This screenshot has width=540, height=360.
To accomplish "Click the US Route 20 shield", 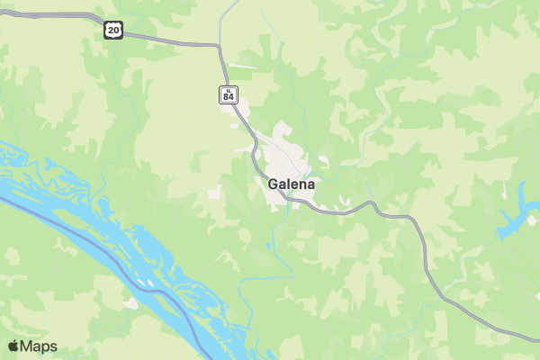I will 112,30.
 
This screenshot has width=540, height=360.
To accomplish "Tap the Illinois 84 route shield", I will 229,94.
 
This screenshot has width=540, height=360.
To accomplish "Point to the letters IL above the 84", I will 229,90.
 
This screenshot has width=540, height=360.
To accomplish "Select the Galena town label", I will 292,184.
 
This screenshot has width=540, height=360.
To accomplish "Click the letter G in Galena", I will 273,184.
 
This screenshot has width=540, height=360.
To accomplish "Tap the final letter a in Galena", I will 311,184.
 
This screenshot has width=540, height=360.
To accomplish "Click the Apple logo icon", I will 13,346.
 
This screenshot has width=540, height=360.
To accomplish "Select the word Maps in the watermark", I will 39,346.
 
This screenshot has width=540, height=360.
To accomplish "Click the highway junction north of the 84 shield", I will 219,47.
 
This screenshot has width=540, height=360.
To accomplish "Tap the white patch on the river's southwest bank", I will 133,303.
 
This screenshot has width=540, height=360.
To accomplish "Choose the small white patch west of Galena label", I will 215,193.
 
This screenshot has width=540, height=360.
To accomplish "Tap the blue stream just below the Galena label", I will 290,203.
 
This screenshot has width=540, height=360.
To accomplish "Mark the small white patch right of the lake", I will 534,219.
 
